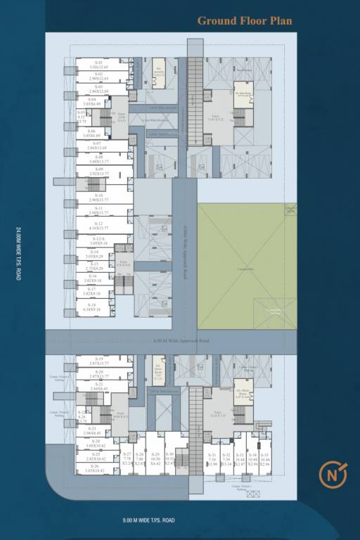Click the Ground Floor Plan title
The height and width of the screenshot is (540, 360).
coord(244,20)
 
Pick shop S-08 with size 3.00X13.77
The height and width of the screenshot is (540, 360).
coord(96,159)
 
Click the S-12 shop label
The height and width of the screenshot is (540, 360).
coord(98,226)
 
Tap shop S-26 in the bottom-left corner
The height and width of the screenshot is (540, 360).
coord(95,468)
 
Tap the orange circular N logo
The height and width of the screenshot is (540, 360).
coord(332,475)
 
